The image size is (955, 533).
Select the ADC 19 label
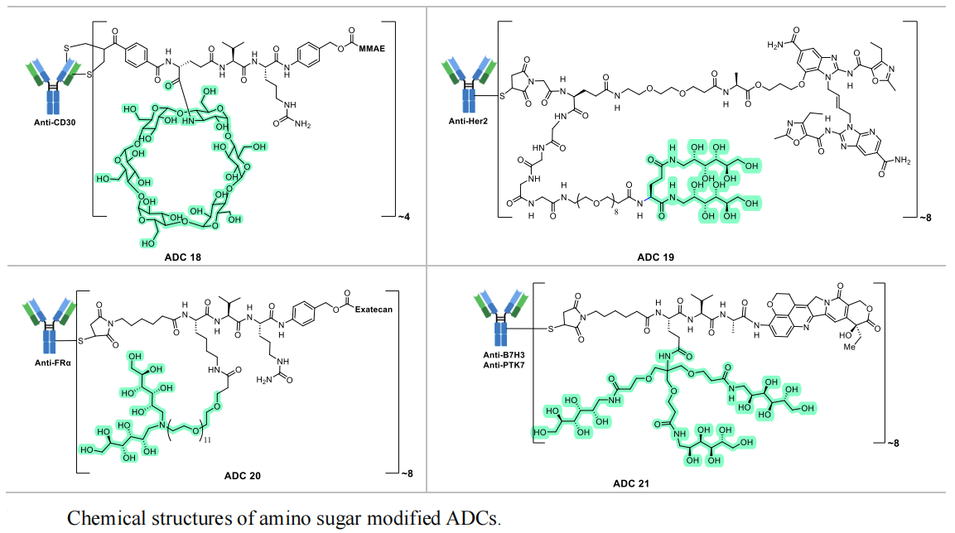coord(655,257)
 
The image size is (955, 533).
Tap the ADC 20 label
coord(242,476)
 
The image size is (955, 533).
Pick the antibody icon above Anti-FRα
coord(45,319)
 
